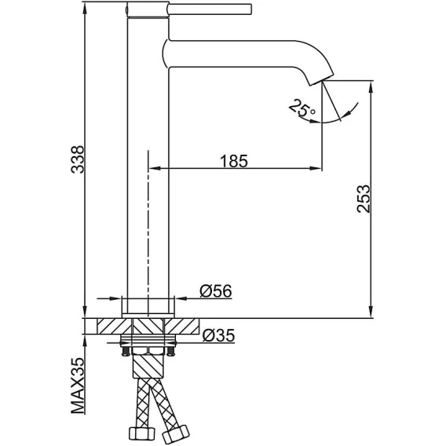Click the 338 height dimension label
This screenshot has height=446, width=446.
[x=78, y=159]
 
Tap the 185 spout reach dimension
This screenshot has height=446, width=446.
[x=234, y=161]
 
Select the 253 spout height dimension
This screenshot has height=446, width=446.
[x=364, y=199]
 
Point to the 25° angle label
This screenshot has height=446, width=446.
[x=302, y=108]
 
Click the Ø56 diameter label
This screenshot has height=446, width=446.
[x=216, y=291]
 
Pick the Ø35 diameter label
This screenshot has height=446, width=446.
[x=218, y=335]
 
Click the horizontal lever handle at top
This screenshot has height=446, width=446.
[x=210, y=9]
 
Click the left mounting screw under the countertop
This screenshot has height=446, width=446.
[x=125, y=351]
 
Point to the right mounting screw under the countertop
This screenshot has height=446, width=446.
[x=170, y=351]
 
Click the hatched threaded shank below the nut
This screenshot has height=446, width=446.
[x=148, y=367]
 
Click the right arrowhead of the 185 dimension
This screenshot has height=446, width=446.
[x=315, y=169]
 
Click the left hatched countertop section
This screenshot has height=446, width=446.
[x=115, y=326]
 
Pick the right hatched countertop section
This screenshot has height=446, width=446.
[x=181, y=326]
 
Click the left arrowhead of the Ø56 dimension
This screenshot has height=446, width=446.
[x=115, y=298]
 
